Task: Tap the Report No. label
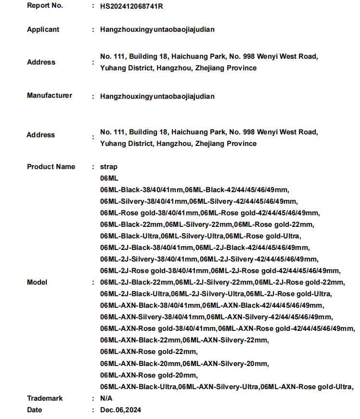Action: (x=45, y=6)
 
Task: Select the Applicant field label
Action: (x=43, y=29)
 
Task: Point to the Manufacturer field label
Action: (x=49, y=95)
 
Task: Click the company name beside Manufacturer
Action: (x=157, y=96)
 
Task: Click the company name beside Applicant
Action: (x=157, y=29)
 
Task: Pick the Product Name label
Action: (x=51, y=167)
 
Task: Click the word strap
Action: (x=108, y=167)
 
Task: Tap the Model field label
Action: (x=37, y=282)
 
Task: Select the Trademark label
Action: (x=45, y=398)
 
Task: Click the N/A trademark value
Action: (x=106, y=398)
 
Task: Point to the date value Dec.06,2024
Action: (x=121, y=410)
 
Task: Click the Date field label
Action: (x=34, y=410)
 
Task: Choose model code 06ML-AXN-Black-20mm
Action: (x=141, y=363)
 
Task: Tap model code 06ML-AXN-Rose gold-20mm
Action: (x=149, y=375)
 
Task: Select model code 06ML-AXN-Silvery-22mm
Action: (x=226, y=340)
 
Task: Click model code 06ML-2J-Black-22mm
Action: (x=137, y=282)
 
